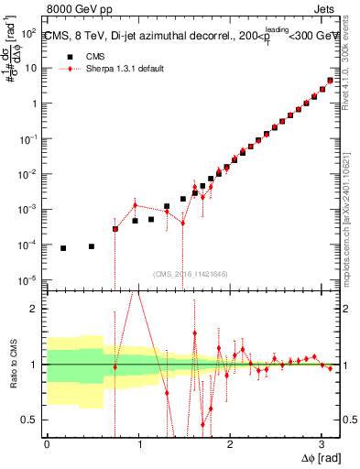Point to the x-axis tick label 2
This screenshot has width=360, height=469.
[229, 443]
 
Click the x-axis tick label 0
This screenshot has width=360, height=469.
[47, 443]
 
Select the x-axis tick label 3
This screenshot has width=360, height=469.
[320, 443]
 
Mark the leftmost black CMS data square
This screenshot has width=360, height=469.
[63, 248]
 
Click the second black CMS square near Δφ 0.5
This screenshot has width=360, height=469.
[92, 246]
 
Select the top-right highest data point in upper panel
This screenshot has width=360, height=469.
[330, 81]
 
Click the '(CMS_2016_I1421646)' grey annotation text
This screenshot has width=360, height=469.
[190, 273]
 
